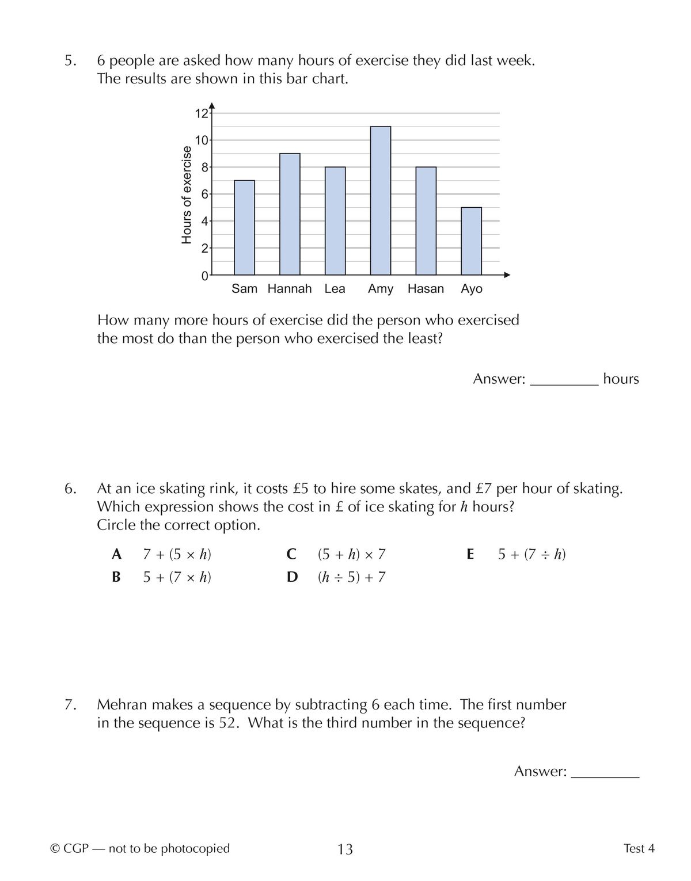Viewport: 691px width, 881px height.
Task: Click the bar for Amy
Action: click(x=381, y=200)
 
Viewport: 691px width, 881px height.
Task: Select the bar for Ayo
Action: click(x=471, y=241)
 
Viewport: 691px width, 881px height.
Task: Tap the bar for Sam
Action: click(x=244, y=227)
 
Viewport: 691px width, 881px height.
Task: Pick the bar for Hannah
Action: click(x=290, y=214)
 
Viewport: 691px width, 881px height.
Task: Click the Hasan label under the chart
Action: click(x=426, y=289)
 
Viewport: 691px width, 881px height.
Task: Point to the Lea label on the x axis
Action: click(x=335, y=289)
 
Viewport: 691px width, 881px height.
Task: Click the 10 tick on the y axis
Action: click(x=202, y=140)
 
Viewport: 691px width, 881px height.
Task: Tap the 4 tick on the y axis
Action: click(x=204, y=221)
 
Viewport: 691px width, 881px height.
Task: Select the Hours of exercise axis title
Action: click(x=187, y=194)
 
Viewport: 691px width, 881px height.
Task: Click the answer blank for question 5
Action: click(x=564, y=380)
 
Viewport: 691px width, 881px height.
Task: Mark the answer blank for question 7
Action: click(x=605, y=772)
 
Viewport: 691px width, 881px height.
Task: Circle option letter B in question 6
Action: click(x=116, y=577)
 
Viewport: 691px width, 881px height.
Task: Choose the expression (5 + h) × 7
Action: click(x=351, y=555)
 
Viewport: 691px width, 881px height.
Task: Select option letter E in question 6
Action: click(x=470, y=555)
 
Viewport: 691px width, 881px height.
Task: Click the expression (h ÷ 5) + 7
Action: click(x=351, y=577)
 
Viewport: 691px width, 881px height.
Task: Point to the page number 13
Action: click(x=345, y=849)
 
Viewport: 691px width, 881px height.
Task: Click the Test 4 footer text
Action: click(x=639, y=848)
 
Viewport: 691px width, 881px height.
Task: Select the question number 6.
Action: click(x=70, y=489)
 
